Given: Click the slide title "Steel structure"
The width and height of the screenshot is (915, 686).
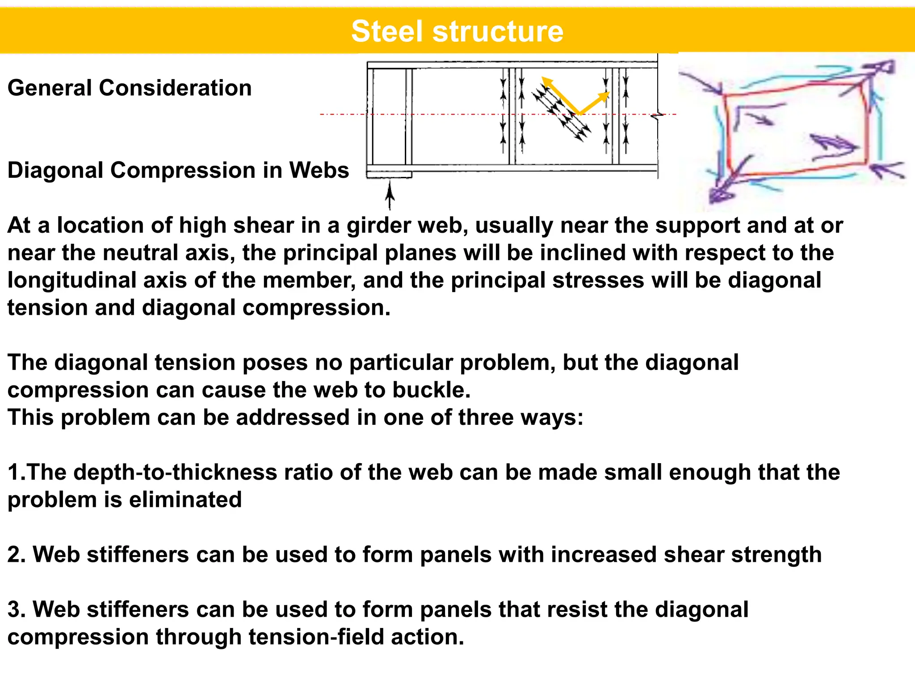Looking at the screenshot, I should (x=457, y=31).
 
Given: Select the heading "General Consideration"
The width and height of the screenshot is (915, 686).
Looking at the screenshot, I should (x=130, y=88).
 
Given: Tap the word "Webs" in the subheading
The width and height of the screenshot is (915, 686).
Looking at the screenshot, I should (x=319, y=170).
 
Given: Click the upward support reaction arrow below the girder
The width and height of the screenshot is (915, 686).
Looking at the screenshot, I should (x=390, y=196).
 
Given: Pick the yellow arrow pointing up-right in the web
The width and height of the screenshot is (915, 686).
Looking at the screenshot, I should (x=595, y=103).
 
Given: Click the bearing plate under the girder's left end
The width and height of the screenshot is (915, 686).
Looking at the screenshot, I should (x=389, y=175).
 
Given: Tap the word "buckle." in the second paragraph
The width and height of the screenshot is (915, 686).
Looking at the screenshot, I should (x=432, y=390).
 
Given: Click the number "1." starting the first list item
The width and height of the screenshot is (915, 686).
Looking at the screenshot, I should (x=17, y=473).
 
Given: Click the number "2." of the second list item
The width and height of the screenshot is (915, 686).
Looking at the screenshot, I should (x=17, y=555).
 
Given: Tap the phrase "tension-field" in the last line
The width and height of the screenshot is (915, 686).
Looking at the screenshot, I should (x=316, y=637).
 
